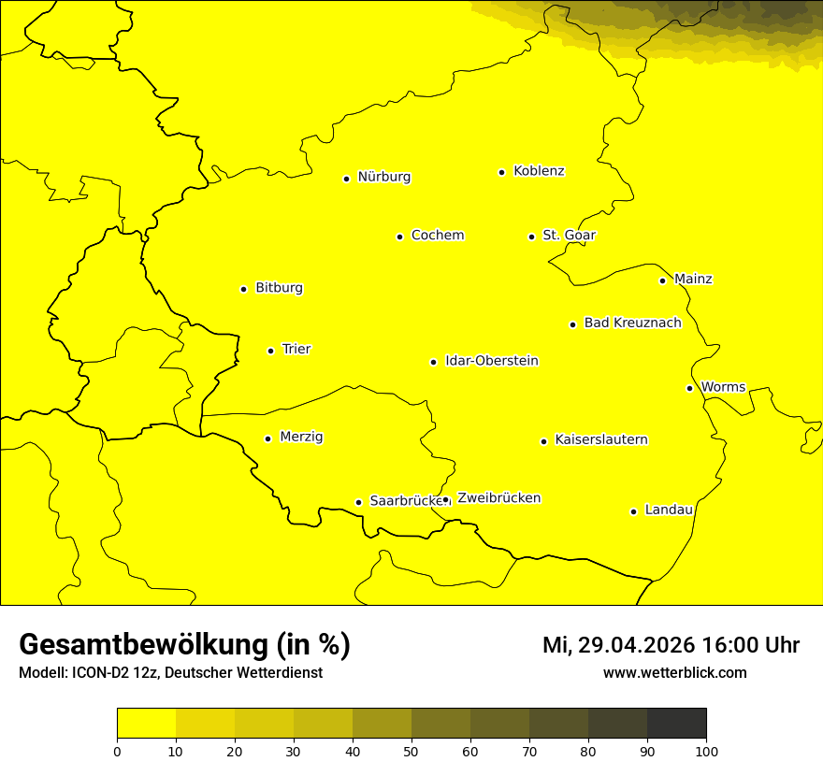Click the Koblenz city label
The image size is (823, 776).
pyautogui.click(x=539, y=171)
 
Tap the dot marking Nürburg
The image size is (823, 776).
pyautogui.click(x=346, y=179)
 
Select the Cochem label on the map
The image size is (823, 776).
pyautogui.click(x=437, y=236)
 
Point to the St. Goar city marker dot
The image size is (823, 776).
pyautogui.click(x=531, y=237)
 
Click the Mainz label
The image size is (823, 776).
pyautogui.click(x=693, y=280)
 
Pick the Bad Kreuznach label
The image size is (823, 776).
pyautogui.click(x=632, y=323)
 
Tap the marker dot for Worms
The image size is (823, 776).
pyautogui.click(x=689, y=388)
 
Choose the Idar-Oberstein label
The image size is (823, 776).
pyautogui.click(x=491, y=361)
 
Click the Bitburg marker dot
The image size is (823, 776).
pyautogui.click(x=243, y=289)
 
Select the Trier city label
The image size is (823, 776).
pyautogui.click(x=296, y=350)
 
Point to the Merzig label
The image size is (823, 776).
pyautogui.click(x=301, y=438)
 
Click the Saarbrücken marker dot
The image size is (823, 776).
pyautogui.click(x=358, y=502)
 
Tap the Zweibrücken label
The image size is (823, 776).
pyautogui.click(x=498, y=498)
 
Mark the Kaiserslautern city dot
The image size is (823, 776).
pyautogui.click(x=543, y=441)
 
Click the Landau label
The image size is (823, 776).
pyautogui.click(x=669, y=510)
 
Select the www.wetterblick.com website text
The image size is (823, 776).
pyautogui.click(x=674, y=673)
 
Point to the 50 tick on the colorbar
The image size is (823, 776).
pyautogui.click(x=411, y=750)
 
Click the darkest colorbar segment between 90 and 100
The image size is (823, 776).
pyautogui.click(x=676, y=723)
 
